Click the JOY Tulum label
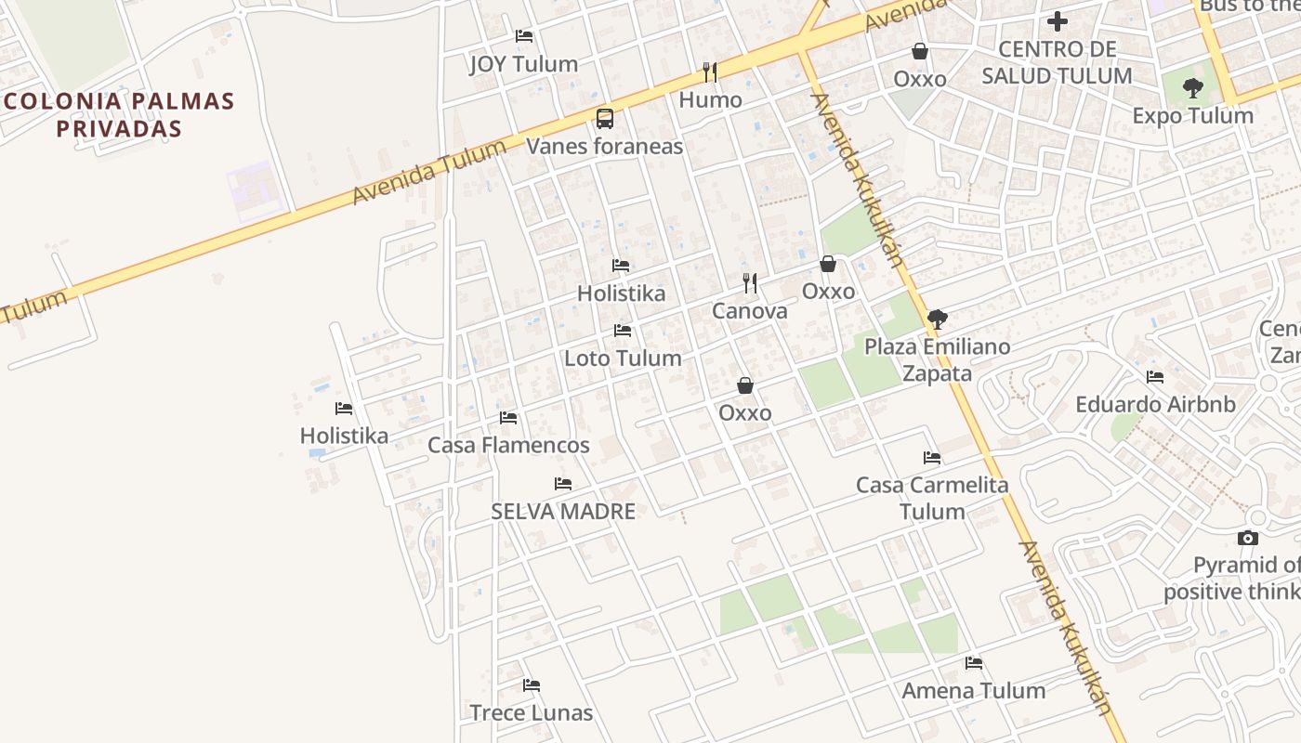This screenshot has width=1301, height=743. point(523,64)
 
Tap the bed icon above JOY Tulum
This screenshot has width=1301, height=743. point(524,36)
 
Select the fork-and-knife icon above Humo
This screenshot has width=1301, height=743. point(710,72)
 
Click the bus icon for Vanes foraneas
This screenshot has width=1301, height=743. point(605,118)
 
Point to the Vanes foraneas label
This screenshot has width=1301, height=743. point(605,146)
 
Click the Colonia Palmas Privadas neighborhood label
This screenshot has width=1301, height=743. point(118,114)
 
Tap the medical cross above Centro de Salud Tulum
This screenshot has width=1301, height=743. point(1057,20)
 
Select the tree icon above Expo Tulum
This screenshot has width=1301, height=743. point(1193,88)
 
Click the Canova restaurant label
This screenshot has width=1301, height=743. point(750,311)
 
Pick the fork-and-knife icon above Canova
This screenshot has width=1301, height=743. point(750,282)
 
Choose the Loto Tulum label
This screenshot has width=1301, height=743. point(623,358)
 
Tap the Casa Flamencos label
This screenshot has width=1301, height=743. point(508,445)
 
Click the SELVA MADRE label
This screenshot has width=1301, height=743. point(563,511)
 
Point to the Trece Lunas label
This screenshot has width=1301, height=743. point(532,713)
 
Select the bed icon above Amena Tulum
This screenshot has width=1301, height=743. point(974,663)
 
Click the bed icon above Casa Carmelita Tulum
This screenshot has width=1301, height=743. point(932,458)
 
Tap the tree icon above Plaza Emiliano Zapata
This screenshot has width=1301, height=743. point(938,319)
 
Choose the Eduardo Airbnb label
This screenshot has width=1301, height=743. point(1155,405)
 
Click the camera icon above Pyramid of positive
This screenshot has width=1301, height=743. point(1248,538)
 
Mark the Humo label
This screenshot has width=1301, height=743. point(711,100)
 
